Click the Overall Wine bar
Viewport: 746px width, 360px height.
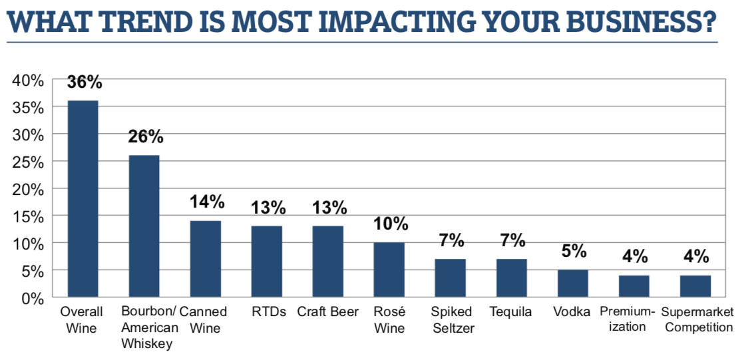pyautogui.click(x=84, y=199)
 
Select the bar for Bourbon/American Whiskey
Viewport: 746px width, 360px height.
pyautogui.click(x=144, y=226)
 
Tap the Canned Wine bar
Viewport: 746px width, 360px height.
pyautogui.click(x=206, y=259)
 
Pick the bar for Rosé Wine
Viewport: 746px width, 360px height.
pyautogui.click(x=389, y=270)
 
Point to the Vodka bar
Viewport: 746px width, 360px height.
pyautogui.click(x=573, y=283)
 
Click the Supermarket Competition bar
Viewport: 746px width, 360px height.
pyautogui.click(x=695, y=286)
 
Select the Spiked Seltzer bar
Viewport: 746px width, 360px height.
pyautogui.click(x=451, y=278)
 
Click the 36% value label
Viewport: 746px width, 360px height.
pyautogui.click(x=85, y=83)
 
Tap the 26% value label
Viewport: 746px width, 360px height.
pyautogui.click(x=145, y=137)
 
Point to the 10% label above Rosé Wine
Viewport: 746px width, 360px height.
pyautogui.click(x=390, y=224)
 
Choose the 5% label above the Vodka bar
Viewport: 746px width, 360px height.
pyautogui.click(x=574, y=252)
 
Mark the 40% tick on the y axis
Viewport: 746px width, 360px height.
pyautogui.click(x=28, y=81)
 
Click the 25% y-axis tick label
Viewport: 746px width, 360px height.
pyautogui.click(x=28, y=162)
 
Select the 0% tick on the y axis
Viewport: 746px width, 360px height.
pyautogui.click(x=32, y=298)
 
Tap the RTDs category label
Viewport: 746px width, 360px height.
pyautogui.click(x=268, y=311)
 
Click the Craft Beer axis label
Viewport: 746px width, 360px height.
pyautogui.click(x=328, y=311)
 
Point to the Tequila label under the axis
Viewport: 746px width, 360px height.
pyautogui.click(x=511, y=311)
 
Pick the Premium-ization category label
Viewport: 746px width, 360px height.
pyautogui.click(x=628, y=319)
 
